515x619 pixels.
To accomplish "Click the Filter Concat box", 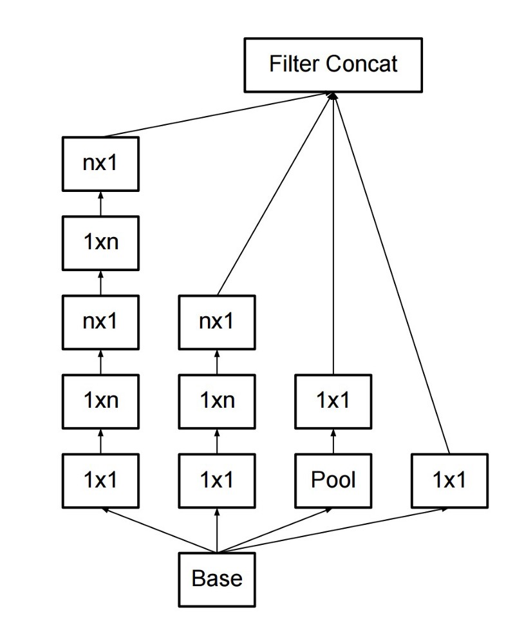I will pos(333,64).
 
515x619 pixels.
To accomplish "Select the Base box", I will pos(217,578).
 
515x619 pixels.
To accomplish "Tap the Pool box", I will pos(333,480).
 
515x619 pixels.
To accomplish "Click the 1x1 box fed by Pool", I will pos(333,401).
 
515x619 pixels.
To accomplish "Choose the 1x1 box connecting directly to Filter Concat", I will pos(449,480).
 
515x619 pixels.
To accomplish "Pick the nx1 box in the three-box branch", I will pos(217,321).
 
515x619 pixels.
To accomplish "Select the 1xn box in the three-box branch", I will pos(217,401).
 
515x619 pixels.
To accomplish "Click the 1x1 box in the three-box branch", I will pos(217,480).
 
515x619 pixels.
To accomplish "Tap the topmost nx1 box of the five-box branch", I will pos(100,164).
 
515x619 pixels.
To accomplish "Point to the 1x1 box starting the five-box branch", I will pos(100,480).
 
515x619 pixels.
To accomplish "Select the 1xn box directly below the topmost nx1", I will pos(100,243).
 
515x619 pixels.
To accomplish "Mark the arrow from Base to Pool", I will pos(277,529).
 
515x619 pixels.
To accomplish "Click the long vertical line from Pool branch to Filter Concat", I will pos(333,232).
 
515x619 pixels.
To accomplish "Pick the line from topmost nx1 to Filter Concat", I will pos(219,114).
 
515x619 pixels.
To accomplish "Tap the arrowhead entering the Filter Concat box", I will pos(333,95).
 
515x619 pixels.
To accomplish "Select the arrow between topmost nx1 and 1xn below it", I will pos(100,204).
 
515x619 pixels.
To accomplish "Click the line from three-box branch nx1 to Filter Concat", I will pos(277,193).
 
